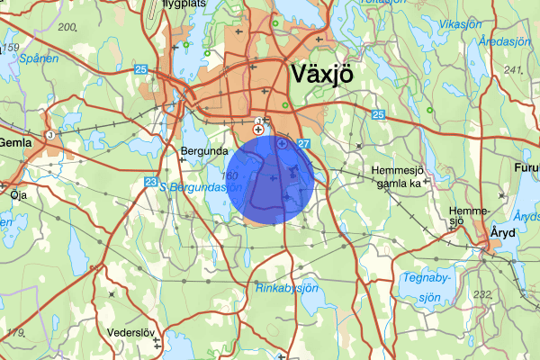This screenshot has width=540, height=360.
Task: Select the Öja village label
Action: [x=18, y=193]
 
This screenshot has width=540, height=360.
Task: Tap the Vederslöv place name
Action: [x=131, y=333]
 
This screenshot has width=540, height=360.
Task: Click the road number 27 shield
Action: [x=303, y=143]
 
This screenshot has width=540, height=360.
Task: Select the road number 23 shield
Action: [x=150, y=182]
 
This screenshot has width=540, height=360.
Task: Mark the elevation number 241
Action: [x=514, y=69]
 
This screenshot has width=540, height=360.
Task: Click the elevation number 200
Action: [x=67, y=26]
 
